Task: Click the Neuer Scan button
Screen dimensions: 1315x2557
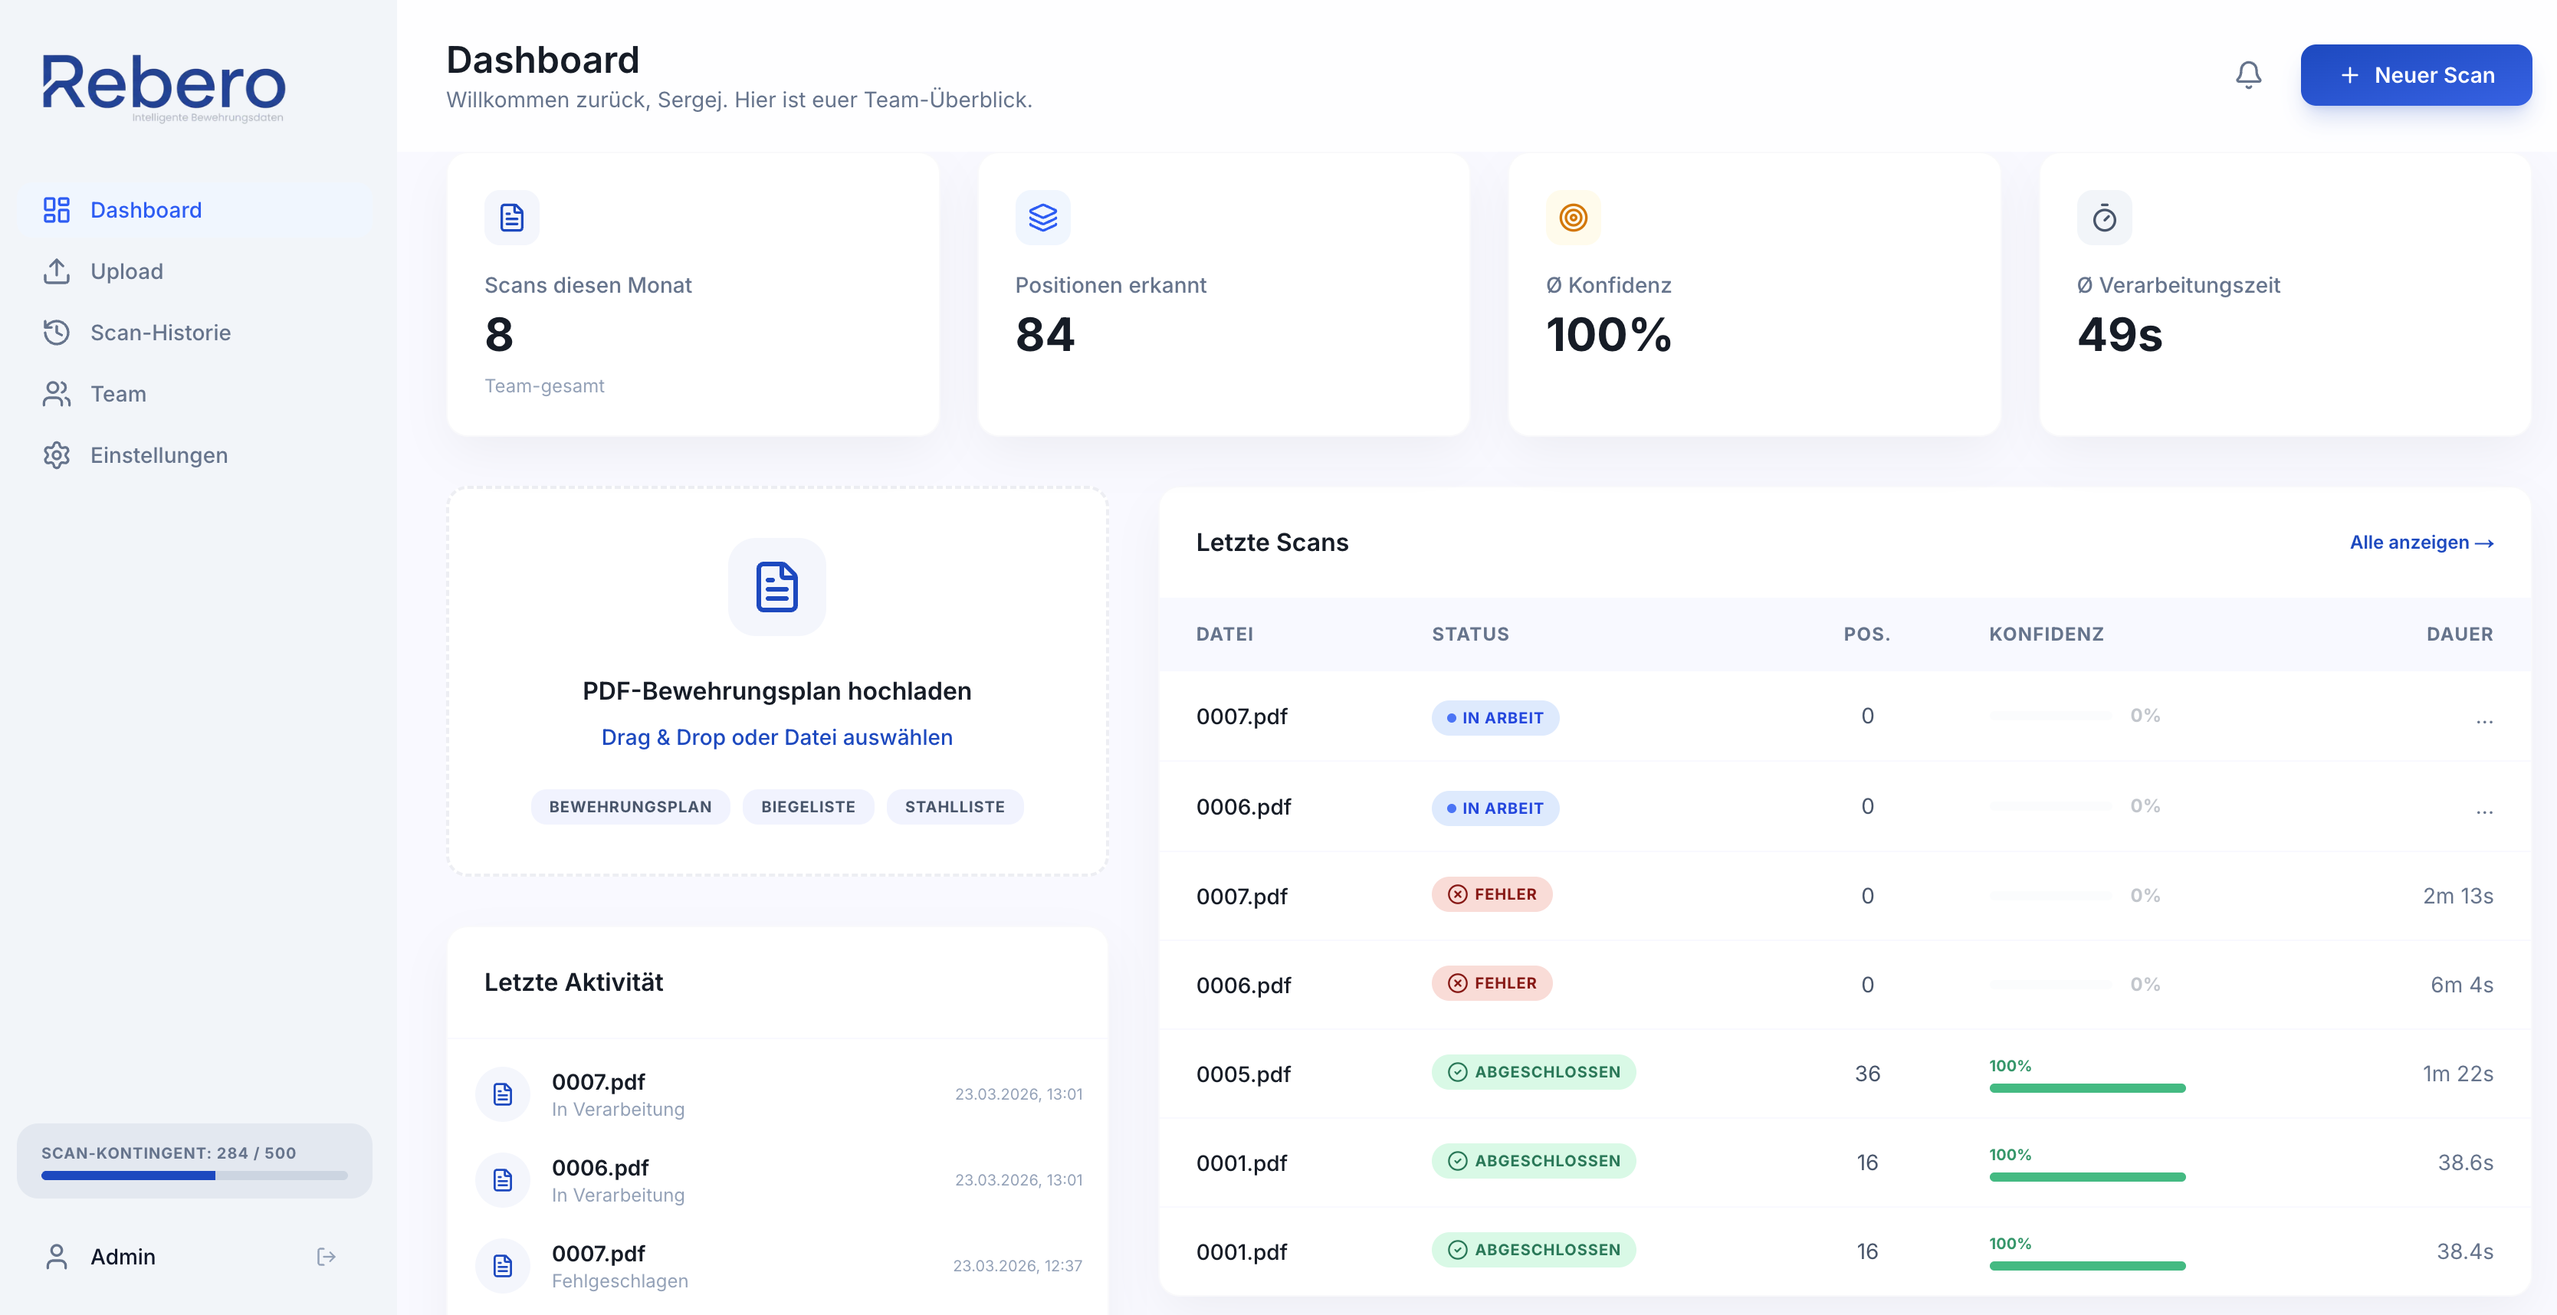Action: (2415, 75)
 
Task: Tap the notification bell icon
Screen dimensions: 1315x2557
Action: (2248, 75)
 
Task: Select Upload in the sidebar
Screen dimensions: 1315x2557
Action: (126, 271)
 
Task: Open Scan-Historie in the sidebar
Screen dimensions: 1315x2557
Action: (159, 333)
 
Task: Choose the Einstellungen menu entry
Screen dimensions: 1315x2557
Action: (159, 455)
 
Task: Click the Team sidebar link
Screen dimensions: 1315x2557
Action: (118, 394)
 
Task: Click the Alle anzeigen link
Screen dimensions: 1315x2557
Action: (2420, 543)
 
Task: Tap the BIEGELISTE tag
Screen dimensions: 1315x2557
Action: (807, 807)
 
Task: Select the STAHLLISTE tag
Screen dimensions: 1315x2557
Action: (954, 807)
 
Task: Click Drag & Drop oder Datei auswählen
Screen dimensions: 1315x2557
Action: (776, 737)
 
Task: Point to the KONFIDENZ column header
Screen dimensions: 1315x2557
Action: (2046, 635)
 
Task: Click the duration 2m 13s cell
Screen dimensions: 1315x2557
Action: (2457, 896)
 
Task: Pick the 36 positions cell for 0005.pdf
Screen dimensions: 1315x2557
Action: (1867, 1074)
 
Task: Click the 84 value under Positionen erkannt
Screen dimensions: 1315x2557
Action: (1044, 334)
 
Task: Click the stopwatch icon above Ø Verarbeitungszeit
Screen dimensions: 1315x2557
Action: (2103, 218)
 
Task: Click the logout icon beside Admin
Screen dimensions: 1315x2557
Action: (327, 1258)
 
